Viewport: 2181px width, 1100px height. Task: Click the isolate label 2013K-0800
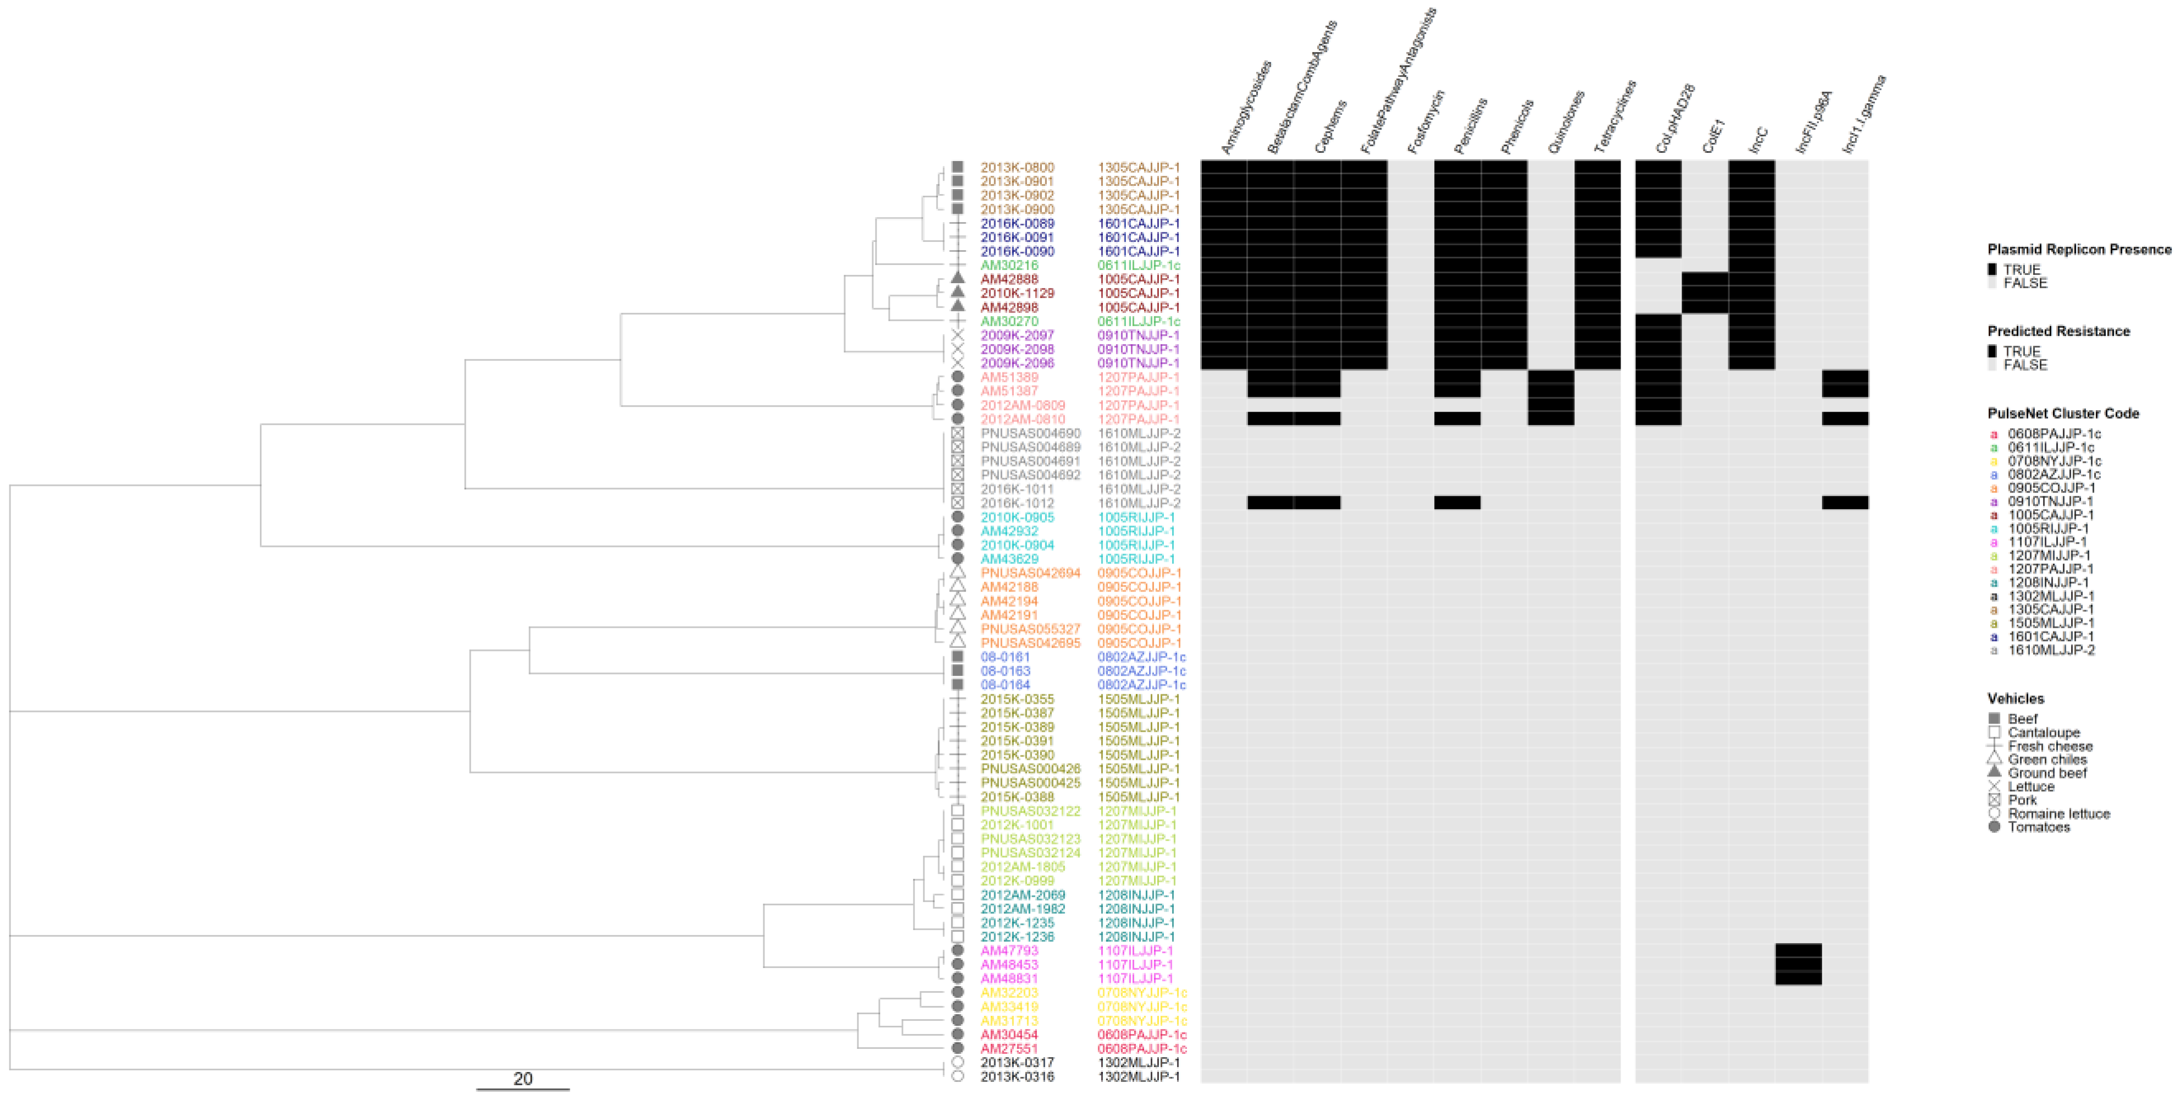(x=1017, y=168)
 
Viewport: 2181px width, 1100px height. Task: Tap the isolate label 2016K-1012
(x=1017, y=503)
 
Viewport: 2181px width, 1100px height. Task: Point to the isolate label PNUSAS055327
(x=1030, y=629)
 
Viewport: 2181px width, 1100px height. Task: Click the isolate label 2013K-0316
(x=1017, y=1076)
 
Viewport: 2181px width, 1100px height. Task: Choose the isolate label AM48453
(x=1009, y=965)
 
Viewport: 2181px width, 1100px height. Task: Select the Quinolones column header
(x=1566, y=122)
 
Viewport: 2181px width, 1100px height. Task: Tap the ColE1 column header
(x=1713, y=135)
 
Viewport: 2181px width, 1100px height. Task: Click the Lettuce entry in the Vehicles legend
(x=2030, y=787)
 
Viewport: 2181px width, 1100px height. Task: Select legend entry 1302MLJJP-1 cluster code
(x=2051, y=596)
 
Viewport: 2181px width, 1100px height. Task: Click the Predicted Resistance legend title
(x=2058, y=331)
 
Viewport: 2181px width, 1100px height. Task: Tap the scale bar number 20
(x=523, y=1079)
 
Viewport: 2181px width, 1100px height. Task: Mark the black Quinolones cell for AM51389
(x=1550, y=377)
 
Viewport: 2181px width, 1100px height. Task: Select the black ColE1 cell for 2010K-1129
(x=1705, y=293)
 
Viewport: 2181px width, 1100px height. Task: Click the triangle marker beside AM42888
(x=958, y=279)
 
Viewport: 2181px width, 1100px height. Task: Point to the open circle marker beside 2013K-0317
(x=958, y=1062)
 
